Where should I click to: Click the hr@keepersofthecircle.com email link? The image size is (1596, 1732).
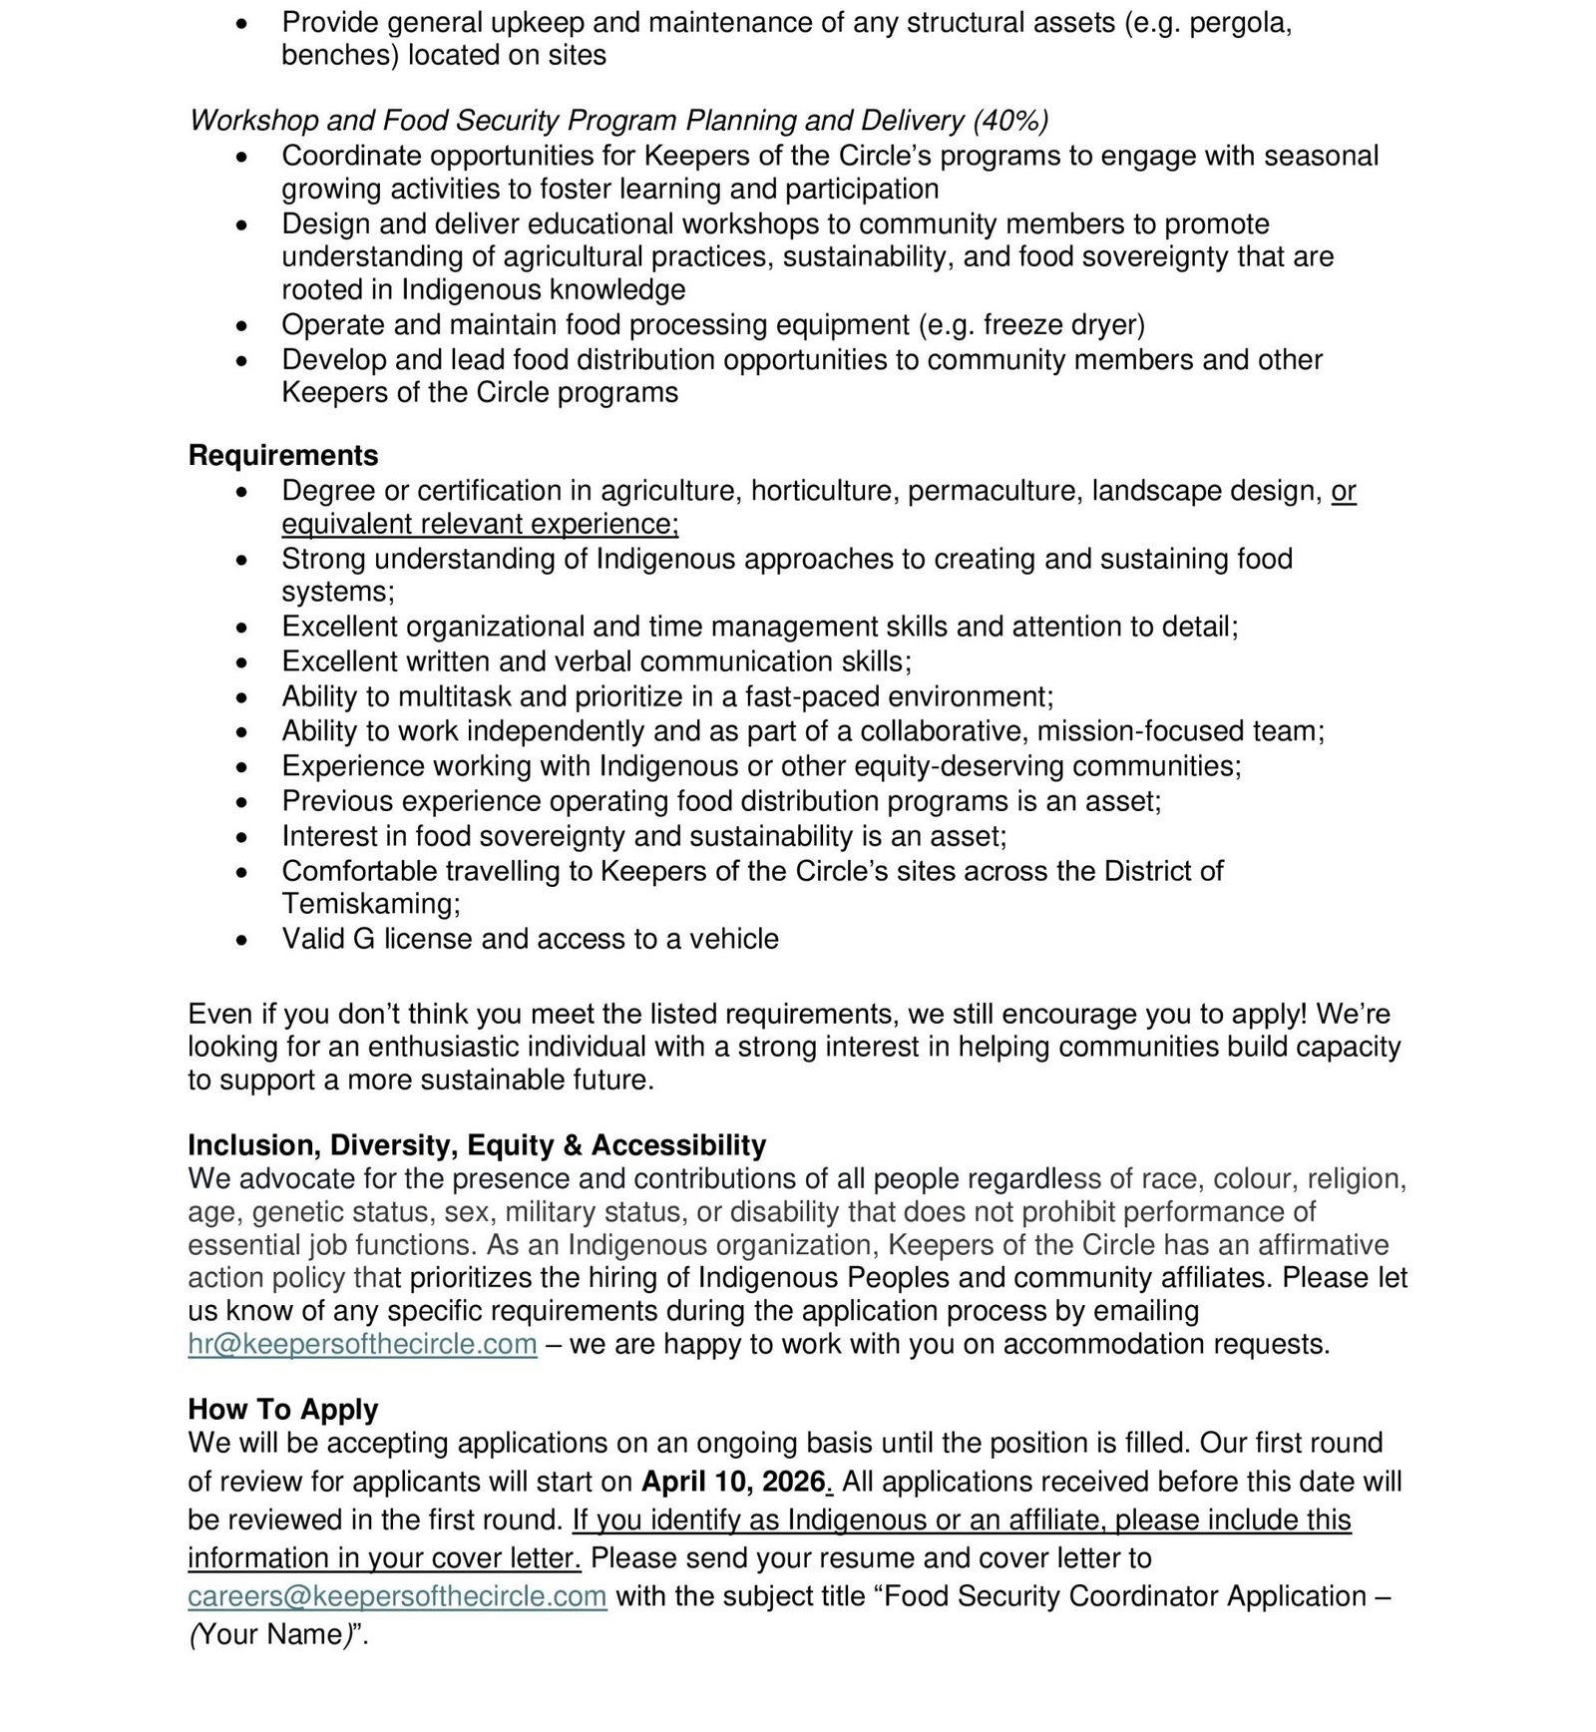362,1345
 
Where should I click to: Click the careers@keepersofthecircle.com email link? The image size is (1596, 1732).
397,1596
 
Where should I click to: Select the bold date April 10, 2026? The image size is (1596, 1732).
733,1482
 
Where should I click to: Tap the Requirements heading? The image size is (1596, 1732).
283,456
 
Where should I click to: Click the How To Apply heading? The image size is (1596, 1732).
283,1410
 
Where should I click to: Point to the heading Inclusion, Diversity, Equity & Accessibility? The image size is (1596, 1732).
477,1145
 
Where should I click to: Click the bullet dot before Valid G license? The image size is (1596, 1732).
241,940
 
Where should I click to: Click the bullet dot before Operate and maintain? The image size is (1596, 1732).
241,326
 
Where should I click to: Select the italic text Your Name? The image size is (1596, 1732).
267,1634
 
